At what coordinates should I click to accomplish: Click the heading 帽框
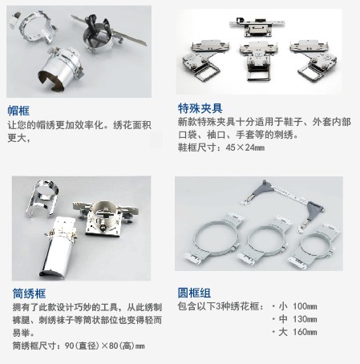pos(18,111)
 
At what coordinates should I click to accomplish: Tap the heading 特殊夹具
pos(200,108)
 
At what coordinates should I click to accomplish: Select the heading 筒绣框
pos(29,293)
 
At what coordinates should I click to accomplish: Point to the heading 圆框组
pos(194,293)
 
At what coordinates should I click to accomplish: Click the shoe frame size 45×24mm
pos(245,148)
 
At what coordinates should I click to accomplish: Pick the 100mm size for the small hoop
pos(305,306)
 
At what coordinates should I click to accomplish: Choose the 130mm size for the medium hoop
pos(305,319)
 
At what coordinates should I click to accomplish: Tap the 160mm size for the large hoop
pos(305,332)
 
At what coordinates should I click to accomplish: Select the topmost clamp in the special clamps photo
pos(257,26)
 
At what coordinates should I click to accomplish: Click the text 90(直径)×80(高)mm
pos(105,346)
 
